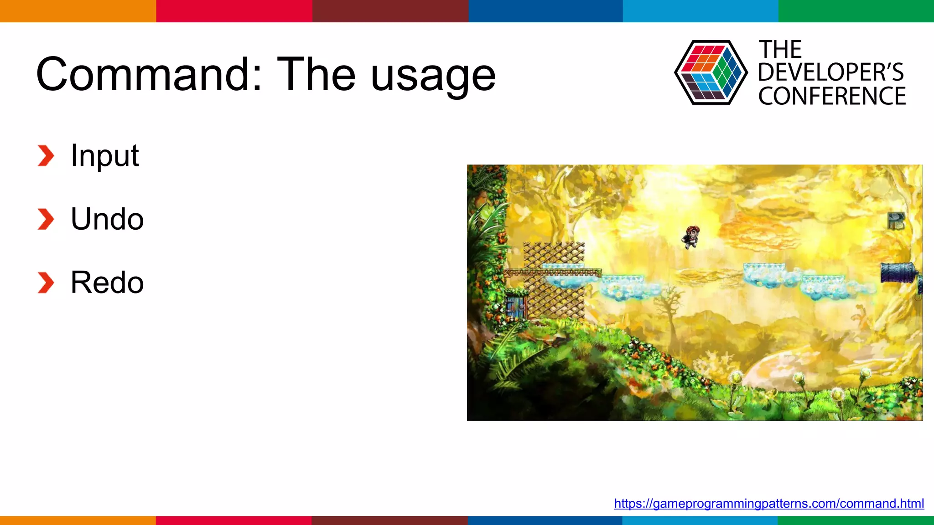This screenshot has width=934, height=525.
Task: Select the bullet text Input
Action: [x=104, y=156]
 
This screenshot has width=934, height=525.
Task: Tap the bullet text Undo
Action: [x=107, y=219]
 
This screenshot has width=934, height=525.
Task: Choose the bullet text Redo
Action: [x=107, y=283]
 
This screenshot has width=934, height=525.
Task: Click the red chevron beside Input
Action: [x=46, y=156]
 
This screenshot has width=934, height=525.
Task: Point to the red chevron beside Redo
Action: [x=46, y=283]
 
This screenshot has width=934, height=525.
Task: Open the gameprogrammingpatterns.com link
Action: [x=768, y=503]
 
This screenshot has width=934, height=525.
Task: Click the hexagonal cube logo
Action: [x=711, y=72]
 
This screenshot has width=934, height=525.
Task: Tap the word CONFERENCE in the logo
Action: [x=832, y=96]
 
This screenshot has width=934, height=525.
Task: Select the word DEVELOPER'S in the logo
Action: [x=830, y=72]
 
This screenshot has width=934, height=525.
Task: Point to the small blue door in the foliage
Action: [x=516, y=306]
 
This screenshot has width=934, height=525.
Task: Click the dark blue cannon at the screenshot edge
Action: [x=898, y=273]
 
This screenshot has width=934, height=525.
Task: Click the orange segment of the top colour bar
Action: [x=78, y=11]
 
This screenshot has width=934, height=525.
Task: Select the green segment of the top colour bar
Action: [x=856, y=11]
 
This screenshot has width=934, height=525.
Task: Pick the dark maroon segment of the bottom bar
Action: [x=389, y=520]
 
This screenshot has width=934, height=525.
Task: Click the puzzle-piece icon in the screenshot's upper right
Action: [x=896, y=221]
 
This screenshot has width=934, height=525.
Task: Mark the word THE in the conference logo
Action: [x=780, y=49]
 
